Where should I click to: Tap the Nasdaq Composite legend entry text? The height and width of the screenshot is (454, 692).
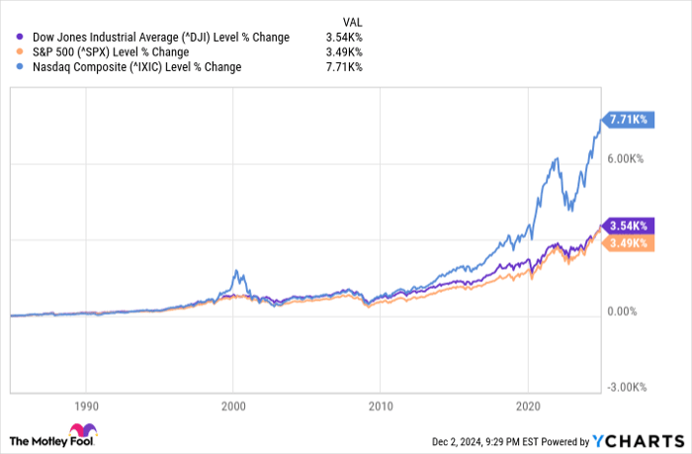click(x=135, y=67)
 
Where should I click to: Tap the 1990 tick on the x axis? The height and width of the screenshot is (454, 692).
click(x=86, y=406)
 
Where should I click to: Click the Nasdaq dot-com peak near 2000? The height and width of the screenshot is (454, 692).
click(x=234, y=270)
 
